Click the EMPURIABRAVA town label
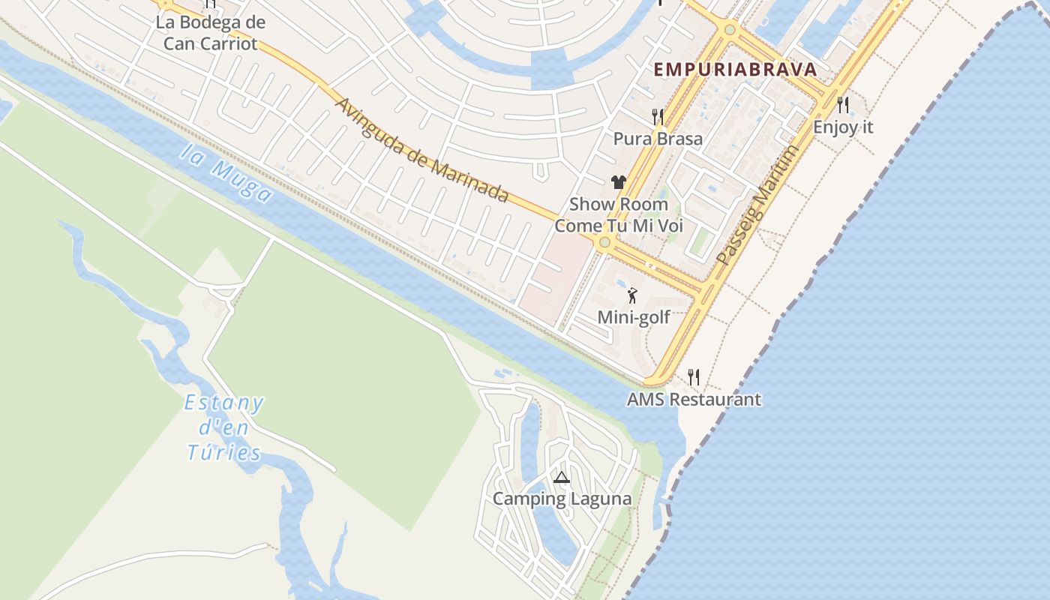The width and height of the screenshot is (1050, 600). point(735,70)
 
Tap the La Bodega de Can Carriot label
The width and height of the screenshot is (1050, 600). point(210,32)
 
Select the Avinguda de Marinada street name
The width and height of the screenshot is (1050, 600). point(421,150)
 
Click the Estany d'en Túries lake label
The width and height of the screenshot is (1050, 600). point(224,428)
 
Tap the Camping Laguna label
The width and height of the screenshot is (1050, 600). point(562,499)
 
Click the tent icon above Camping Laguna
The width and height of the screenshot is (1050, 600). point(562,477)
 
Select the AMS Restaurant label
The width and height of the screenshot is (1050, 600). point(694,399)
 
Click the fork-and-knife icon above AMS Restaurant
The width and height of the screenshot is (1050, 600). point(694,376)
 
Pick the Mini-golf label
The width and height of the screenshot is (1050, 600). point(634,317)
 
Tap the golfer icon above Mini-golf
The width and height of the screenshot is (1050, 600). point(632,295)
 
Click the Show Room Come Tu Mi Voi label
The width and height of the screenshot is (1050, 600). point(619,214)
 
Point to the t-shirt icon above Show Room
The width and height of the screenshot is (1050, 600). point(618,181)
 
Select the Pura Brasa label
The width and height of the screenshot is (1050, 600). point(658,139)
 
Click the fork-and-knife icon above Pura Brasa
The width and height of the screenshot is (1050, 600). point(658,116)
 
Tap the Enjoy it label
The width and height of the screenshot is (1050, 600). point(843,127)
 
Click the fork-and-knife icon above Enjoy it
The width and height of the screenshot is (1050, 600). point(843,104)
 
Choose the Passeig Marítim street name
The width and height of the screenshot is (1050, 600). point(757,205)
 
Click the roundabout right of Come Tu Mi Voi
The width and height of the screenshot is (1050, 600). point(604,242)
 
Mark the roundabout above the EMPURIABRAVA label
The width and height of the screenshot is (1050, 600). point(729,30)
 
